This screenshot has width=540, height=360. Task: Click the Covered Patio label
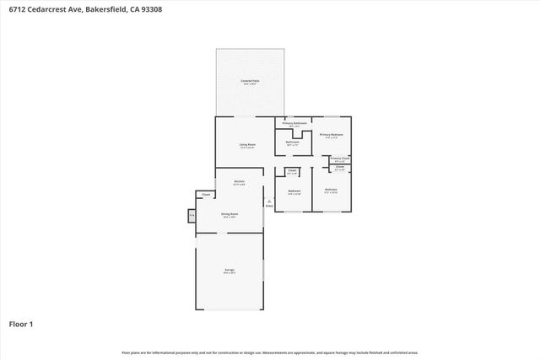click(251, 82)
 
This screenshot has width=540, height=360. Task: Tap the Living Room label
click(247, 145)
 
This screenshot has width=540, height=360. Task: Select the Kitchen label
click(240, 182)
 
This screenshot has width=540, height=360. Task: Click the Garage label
click(229, 270)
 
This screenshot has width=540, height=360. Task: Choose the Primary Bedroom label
click(331, 135)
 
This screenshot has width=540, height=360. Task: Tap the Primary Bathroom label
click(294, 123)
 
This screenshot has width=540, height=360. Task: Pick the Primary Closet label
click(340, 159)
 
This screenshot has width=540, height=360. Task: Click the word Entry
click(270, 206)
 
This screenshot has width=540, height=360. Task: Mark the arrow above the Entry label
click(270, 200)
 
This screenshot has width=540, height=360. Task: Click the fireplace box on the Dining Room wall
click(192, 216)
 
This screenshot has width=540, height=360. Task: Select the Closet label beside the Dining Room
click(206, 196)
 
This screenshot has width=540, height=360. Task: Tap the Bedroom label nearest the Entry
click(294, 191)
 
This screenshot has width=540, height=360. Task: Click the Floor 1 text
click(20, 324)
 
